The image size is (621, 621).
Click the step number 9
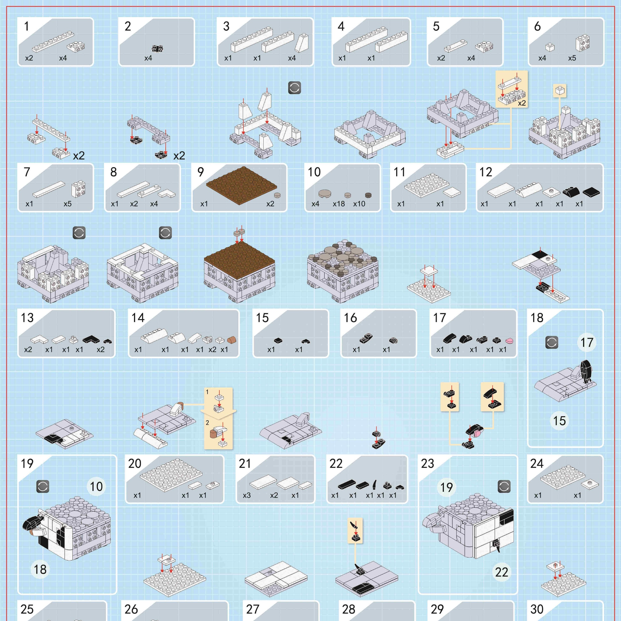tap(201, 172)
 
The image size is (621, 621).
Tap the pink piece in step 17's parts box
tap(509, 340)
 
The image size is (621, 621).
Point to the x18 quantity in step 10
tap(339, 204)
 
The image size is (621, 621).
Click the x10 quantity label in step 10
tap(359, 204)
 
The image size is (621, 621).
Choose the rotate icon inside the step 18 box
tap(552, 343)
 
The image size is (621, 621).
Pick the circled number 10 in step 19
tap(96, 486)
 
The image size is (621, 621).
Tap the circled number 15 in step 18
tap(559, 421)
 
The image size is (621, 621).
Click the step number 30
tap(537, 609)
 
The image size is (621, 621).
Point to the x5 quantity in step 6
tap(572, 58)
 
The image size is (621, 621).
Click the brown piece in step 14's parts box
tap(232, 340)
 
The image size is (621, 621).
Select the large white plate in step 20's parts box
tap(171, 474)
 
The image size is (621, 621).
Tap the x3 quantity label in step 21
tap(247, 495)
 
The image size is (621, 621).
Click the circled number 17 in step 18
tap(586, 342)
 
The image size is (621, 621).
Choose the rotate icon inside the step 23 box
tap(504, 487)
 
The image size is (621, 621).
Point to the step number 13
tap(27, 318)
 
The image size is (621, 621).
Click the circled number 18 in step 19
tap(40, 569)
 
